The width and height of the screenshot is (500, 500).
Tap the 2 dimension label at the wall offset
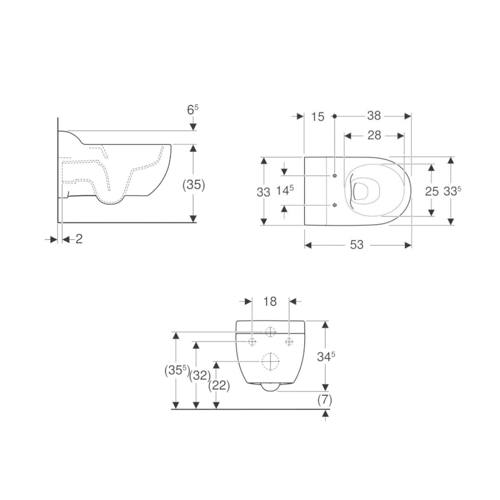tap(79, 239)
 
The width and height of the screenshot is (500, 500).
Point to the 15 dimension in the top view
tap(318, 116)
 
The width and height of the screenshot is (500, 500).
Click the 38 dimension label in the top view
tap(374, 116)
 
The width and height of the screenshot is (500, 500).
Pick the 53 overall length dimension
tap(356, 245)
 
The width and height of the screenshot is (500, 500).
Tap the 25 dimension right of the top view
tap(432, 192)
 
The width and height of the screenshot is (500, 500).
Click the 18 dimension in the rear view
tap(270, 302)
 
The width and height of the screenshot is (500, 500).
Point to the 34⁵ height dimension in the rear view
tap(326, 356)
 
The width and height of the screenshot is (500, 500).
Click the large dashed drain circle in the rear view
tap(270, 361)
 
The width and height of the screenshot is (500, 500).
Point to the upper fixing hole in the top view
tap(335, 176)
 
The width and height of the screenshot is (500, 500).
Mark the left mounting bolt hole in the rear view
tap(252, 341)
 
